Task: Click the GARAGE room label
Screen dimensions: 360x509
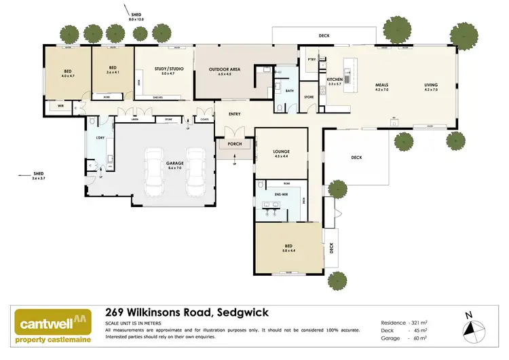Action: (174, 165)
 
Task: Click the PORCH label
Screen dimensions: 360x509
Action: (234, 143)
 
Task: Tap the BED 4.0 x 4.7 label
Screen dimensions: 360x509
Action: (67, 73)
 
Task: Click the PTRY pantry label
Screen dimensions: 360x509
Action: (312, 60)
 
